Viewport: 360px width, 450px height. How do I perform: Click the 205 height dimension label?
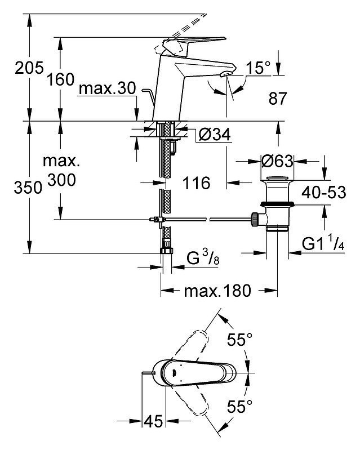coord(29,68)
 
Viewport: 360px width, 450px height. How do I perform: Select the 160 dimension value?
coord(61,79)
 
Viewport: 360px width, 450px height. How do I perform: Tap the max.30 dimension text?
coord(107,88)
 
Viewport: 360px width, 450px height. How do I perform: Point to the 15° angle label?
coord(259,68)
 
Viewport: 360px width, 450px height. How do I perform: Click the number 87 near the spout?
coord(278,99)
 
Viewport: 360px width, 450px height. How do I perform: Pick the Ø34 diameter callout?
coord(215,134)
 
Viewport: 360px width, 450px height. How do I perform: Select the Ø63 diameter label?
coord(277,161)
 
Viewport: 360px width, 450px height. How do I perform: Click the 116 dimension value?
coord(197,183)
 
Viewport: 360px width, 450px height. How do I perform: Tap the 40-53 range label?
coord(324,192)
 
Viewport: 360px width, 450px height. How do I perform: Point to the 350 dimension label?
coord(28,188)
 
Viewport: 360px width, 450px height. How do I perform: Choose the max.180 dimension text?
coord(217,291)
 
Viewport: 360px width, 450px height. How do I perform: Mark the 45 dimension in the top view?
coord(153,421)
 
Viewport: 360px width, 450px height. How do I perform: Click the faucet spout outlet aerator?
coord(225,74)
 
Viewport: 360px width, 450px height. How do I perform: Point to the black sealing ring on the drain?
coord(277,204)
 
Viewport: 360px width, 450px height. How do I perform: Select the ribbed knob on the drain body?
coord(255,220)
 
